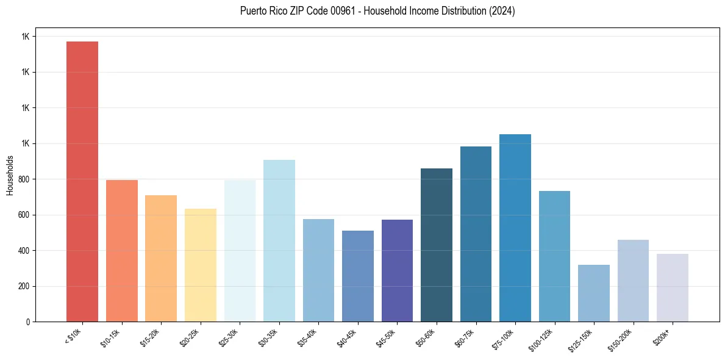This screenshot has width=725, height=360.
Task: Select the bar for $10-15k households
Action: tap(122, 251)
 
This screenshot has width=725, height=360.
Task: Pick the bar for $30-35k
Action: tap(279, 240)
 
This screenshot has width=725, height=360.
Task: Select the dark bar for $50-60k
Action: tap(437, 245)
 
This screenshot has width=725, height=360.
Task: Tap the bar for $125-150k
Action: tap(594, 293)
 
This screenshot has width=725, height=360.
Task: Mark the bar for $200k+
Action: tap(673, 287)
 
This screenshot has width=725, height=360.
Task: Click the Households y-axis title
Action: tap(10, 175)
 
